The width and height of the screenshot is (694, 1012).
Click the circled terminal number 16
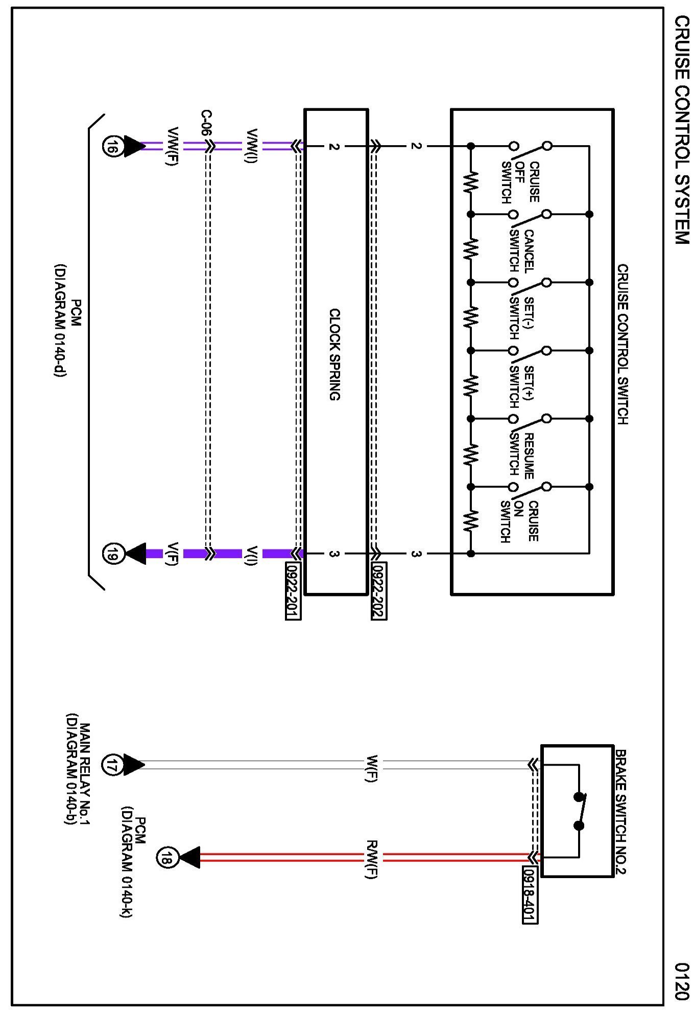pos(112,147)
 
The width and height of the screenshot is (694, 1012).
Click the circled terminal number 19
pos(112,554)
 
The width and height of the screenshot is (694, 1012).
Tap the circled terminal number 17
pos(112,765)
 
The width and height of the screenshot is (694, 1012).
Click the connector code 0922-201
pos(293,591)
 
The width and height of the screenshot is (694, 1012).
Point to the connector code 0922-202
pos(379,591)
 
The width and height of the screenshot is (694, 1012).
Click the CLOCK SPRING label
pos(334,354)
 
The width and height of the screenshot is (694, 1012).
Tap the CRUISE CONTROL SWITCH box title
pos(623,344)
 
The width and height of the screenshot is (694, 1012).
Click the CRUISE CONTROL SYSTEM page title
pos(682,130)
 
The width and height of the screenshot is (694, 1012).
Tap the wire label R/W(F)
pos(371,859)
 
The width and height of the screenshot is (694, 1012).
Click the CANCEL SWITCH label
pos(521,250)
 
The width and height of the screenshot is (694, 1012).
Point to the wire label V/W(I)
pos(252,146)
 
